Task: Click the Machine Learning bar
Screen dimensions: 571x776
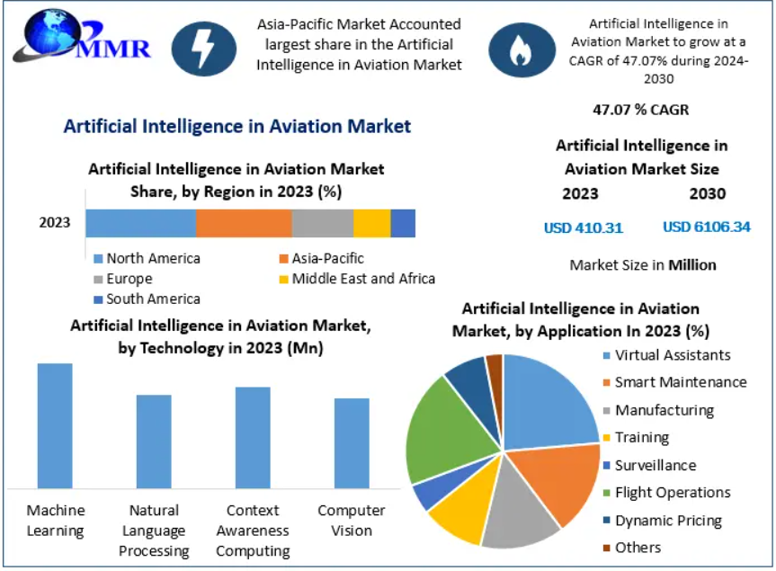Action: tap(55, 425)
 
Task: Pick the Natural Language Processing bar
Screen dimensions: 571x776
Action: tap(154, 441)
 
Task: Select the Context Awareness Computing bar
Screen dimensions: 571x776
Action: tap(253, 437)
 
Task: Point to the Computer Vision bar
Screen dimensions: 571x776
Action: tap(352, 442)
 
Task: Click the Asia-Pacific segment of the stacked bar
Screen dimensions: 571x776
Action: tap(244, 223)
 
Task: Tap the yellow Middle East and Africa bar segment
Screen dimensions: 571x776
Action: tap(371, 223)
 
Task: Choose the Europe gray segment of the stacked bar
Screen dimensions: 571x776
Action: tap(322, 223)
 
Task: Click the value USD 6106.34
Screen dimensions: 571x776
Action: tap(706, 228)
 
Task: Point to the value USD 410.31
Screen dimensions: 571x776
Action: tap(583, 228)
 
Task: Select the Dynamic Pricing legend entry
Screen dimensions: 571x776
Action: tap(667, 520)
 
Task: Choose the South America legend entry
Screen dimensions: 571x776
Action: tap(152, 299)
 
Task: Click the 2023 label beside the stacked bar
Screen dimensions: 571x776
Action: tap(55, 223)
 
